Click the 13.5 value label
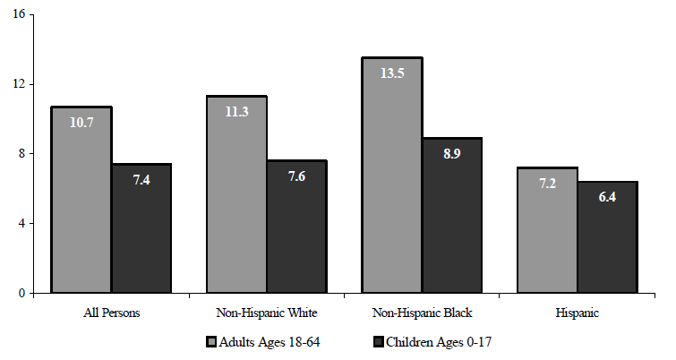pyautogui.click(x=392, y=73)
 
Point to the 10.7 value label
pyautogui.click(x=81, y=122)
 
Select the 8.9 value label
pyautogui.click(x=452, y=153)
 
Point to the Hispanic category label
pyautogui.click(x=577, y=314)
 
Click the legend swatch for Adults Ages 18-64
pyautogui.click(x=211, y=341)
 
